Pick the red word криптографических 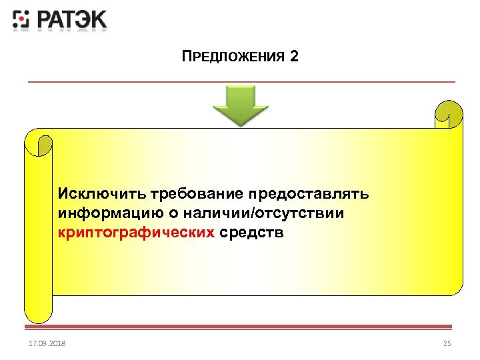tap(136, 233)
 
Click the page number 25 tap(447, 343)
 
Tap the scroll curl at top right tap(448, 115)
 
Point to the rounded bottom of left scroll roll tap(38, 313)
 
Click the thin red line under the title tap(240, 81)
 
